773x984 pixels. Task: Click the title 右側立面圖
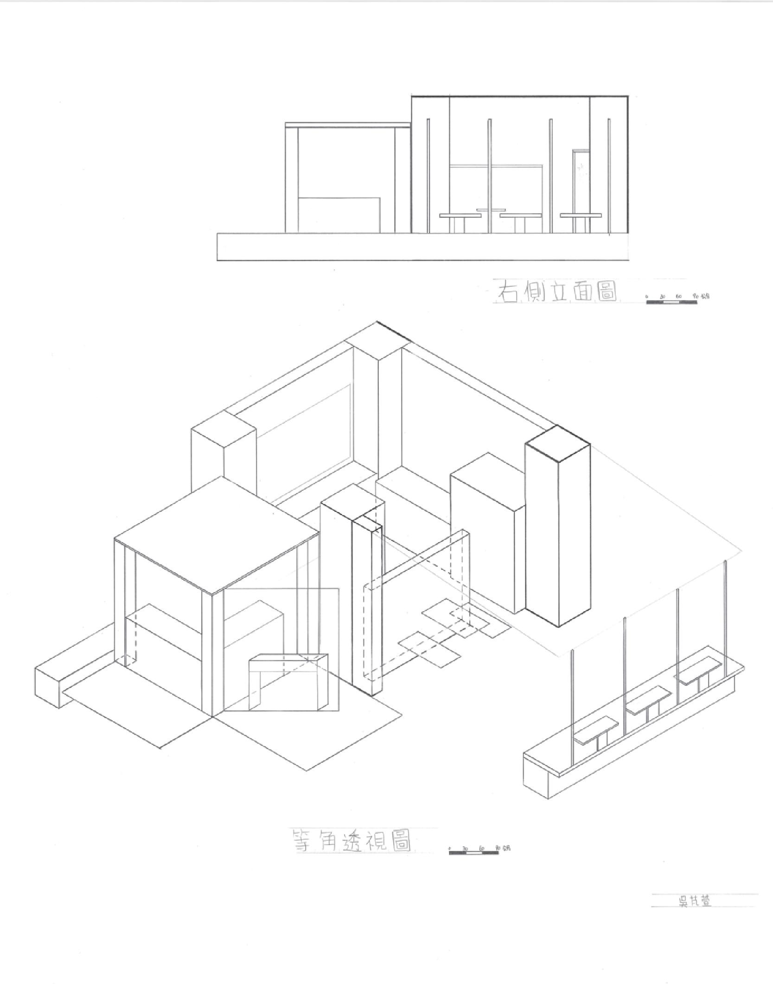pos(556,291)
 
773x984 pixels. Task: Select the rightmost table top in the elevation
pos(581,215)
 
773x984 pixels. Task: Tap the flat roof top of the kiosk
pos(217,533)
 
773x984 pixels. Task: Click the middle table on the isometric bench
pos(649,697)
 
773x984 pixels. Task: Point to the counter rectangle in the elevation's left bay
pos(339,215)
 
